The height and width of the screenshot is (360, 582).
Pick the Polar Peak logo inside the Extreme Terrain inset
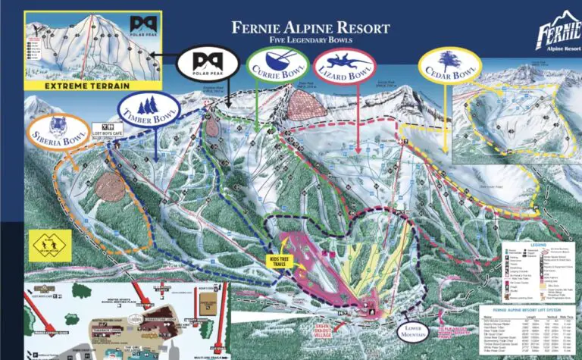140,25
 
